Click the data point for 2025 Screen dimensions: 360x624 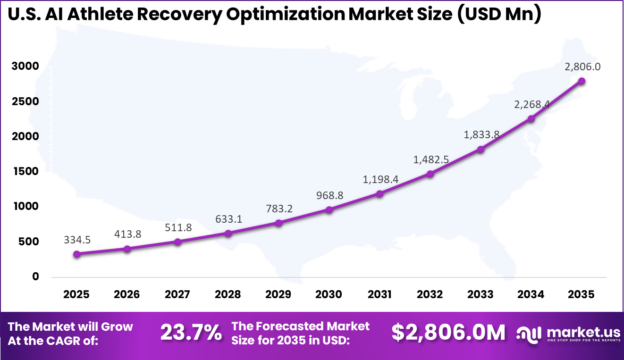(x=76, y=254)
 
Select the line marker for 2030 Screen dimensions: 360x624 (x=329, y=209)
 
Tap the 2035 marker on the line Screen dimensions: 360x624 (x=582, y=81)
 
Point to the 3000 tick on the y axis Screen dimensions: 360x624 (x=25, y=66)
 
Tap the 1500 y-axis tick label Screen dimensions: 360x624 (x=25, y=171)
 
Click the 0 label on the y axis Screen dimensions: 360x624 (x=35, y=276)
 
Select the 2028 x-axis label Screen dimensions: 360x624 (x=228, y=295)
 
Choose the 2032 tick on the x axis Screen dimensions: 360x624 (x=430, y=295)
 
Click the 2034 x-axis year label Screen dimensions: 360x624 (x=531, y=295)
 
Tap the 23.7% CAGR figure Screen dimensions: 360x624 (x=191, y=333)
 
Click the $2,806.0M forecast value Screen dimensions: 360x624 (x=448, y=333)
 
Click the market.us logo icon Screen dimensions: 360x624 (x=529, y=333)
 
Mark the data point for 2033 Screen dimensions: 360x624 (x=481, y=150)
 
